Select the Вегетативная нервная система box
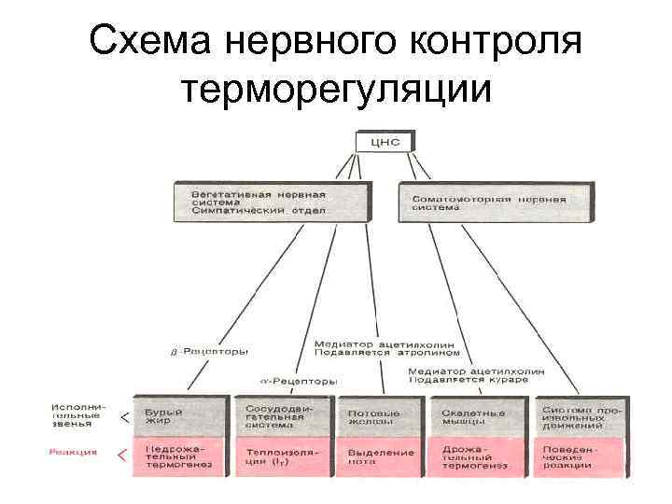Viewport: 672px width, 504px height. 267,203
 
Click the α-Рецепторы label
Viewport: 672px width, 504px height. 298,381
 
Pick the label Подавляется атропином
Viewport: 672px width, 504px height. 387,353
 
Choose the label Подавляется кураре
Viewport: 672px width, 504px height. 475,381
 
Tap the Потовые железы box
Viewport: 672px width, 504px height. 380,417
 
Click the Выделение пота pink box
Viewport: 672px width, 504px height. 380,456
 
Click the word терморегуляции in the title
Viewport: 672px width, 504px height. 336,91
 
